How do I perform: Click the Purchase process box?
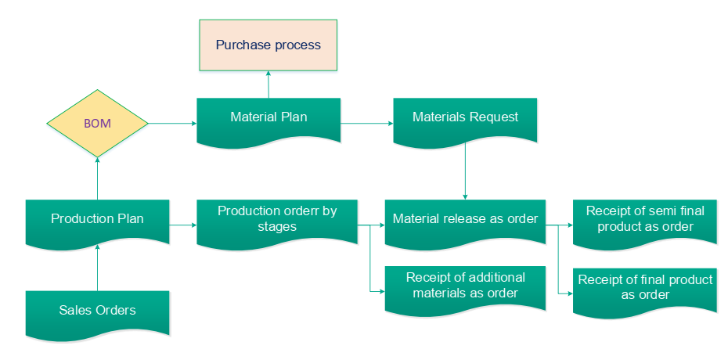[268, 45]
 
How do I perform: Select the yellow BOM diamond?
[97, 124]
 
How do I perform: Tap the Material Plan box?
[268, 118]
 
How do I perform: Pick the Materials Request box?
[465, 118]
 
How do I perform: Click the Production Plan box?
[97, 219]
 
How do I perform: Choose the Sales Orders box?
[97, 311]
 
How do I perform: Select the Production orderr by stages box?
[276, 219]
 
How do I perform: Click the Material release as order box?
[465, 219]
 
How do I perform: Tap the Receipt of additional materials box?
[465, 286]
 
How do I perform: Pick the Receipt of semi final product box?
[645, 219]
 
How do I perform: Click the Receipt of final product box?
[645, 288]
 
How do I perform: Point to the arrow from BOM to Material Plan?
[172, 124]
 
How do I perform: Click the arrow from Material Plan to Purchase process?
[268, 85]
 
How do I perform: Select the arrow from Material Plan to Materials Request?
[366, 124]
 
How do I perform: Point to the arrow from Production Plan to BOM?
[97, 178]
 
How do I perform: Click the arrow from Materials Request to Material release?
[465, 172]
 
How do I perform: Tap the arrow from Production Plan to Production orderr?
[182, 225]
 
